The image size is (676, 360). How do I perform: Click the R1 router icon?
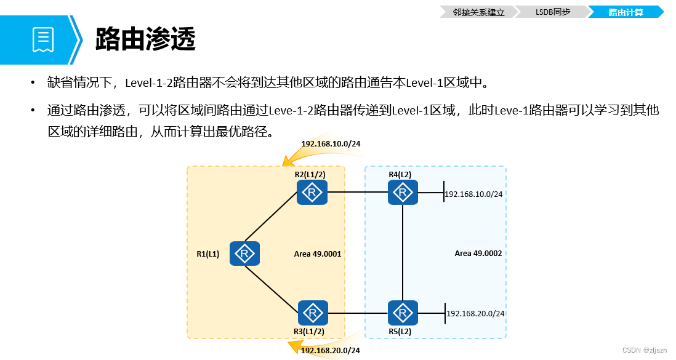(244, 254)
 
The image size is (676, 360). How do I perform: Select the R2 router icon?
(312, 193)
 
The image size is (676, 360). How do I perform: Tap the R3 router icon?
(313, 313)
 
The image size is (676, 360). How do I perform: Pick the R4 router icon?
(403, 193)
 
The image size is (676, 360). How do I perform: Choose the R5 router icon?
(403, 313)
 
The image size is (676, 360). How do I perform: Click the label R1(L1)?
(207, 254)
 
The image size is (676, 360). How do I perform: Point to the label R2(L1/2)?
(310, 175)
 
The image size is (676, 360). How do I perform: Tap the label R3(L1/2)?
(309, 331)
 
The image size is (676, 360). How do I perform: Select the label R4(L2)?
(400, 175)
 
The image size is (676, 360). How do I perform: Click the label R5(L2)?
(400, 331)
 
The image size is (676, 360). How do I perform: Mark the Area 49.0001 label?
(318, 254)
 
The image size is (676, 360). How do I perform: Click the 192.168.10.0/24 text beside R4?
(473, 194)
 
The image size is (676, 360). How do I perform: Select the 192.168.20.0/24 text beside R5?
(475, 314)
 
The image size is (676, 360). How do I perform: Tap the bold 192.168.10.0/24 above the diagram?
(331, 144)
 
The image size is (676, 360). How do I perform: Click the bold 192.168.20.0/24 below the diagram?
(330, 350)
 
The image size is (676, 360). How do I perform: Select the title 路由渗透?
(145, 40)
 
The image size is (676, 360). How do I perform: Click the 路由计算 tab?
(625, 12)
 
